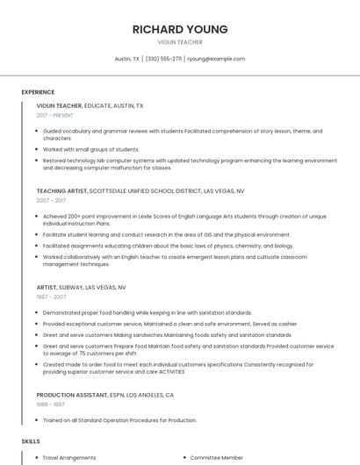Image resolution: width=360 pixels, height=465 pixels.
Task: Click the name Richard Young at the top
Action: (179, 29)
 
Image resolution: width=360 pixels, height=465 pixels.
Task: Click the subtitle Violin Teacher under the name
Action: (179, 42)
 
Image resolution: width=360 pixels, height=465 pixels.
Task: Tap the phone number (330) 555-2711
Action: (164, 59)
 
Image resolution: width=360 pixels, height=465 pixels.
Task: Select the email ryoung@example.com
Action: (216, 59)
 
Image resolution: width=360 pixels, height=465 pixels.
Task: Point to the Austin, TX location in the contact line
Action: (127, 59)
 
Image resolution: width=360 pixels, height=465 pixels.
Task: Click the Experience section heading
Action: (38, 92)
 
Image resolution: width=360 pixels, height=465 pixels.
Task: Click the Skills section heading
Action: (31, 440)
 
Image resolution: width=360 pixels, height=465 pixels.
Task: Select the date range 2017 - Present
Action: (55, 115)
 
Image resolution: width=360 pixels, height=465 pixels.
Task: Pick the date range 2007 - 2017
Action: (51, 200)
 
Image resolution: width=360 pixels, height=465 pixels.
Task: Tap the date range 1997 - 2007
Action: (51, 297)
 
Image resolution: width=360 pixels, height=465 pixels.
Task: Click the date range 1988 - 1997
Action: (51, 404)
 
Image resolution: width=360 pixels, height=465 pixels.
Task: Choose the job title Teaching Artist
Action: (62, 190)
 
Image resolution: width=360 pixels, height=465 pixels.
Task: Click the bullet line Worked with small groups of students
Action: (90, 149)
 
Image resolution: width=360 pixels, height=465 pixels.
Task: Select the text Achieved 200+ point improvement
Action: (88, 216)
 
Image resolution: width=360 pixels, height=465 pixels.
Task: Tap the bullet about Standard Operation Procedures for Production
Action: (119, 420)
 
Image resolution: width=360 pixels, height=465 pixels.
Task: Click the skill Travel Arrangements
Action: (69, 457)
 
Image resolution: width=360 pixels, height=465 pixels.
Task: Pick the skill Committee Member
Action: (217, 457)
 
